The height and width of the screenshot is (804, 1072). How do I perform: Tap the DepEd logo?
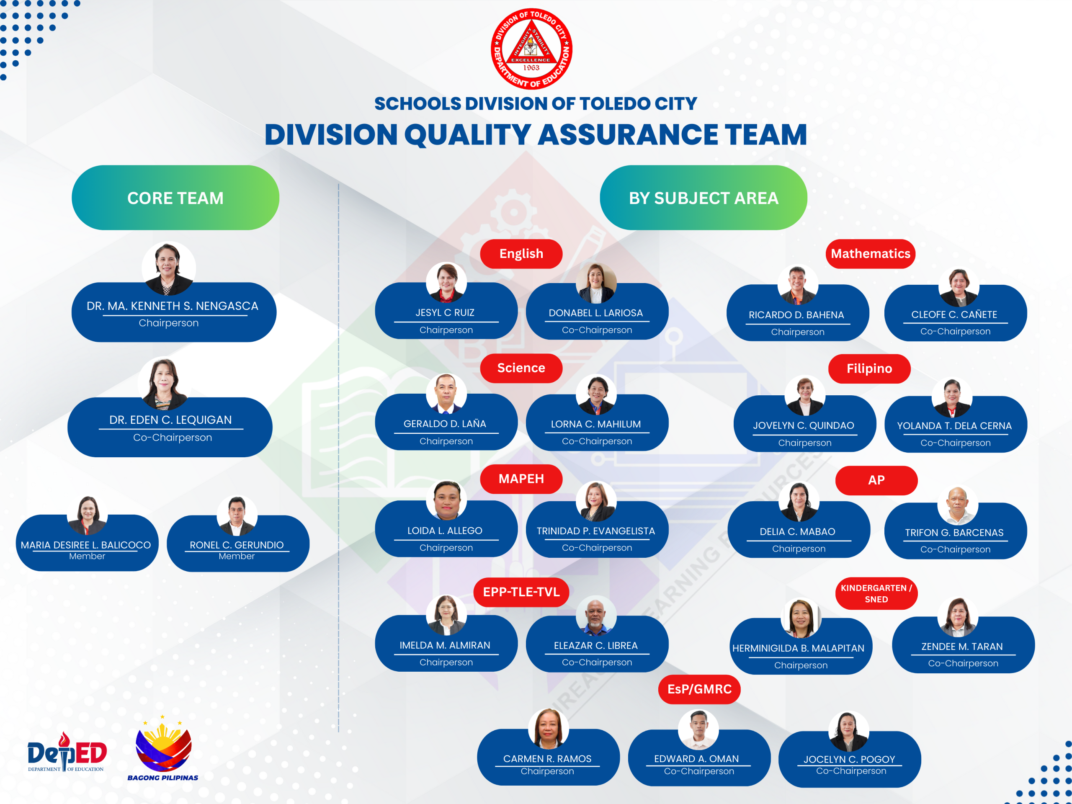67,752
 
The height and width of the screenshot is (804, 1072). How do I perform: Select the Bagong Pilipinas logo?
163,749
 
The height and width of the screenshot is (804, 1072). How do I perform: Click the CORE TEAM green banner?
175,198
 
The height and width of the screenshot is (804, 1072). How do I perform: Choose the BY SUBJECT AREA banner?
703,198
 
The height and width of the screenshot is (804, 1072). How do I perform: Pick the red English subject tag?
521,253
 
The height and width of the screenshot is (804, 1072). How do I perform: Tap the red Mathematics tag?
871,253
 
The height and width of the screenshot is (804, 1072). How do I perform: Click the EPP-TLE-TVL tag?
521,592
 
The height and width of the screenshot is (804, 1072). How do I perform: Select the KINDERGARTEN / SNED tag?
876,593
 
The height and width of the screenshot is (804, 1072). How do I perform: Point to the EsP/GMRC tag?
699,689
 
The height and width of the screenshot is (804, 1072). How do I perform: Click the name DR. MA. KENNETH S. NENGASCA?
173,306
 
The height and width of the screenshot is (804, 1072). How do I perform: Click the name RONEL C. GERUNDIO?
237,545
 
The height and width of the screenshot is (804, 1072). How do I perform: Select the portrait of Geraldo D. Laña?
446,393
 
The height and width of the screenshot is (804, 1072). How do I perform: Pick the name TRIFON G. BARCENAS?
954,532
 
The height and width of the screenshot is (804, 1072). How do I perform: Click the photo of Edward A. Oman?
698,730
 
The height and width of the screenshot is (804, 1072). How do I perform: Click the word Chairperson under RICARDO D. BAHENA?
798,332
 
